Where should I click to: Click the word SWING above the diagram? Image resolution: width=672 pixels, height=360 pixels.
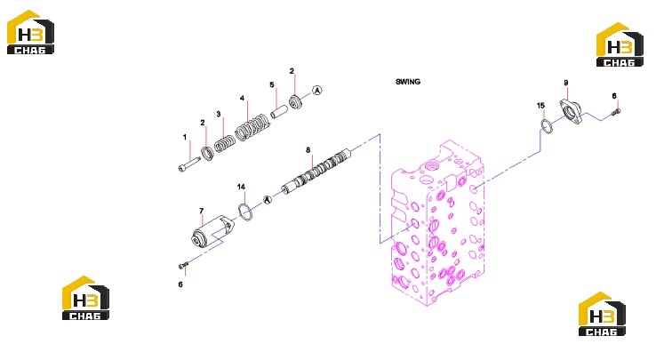pyautogui.click(x=408, y=82)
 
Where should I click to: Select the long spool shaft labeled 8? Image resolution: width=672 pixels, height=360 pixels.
pyautogui.click(x=316, y=172)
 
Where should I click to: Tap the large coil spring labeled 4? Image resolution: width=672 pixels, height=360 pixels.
pyautogui.click(x=252, y=128)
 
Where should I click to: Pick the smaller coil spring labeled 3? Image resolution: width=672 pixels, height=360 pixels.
pyautogui.click(x=225, y=144)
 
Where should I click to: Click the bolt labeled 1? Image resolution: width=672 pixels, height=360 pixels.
pyautogui.click(x=189, y=164)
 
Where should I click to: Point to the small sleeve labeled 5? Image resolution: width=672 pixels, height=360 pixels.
pyautogui.click(x=279, y=111)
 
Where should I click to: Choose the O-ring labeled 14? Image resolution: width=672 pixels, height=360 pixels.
pyautogui.click(x=245, y=212)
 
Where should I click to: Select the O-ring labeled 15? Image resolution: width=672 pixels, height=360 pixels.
pyautogui.click(x=546, y=127)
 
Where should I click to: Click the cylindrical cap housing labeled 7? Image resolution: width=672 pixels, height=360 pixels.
pyautogui.click(x=212, y=232)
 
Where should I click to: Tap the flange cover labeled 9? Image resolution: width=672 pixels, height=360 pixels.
pyautogui.click(x=571, y=112)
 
